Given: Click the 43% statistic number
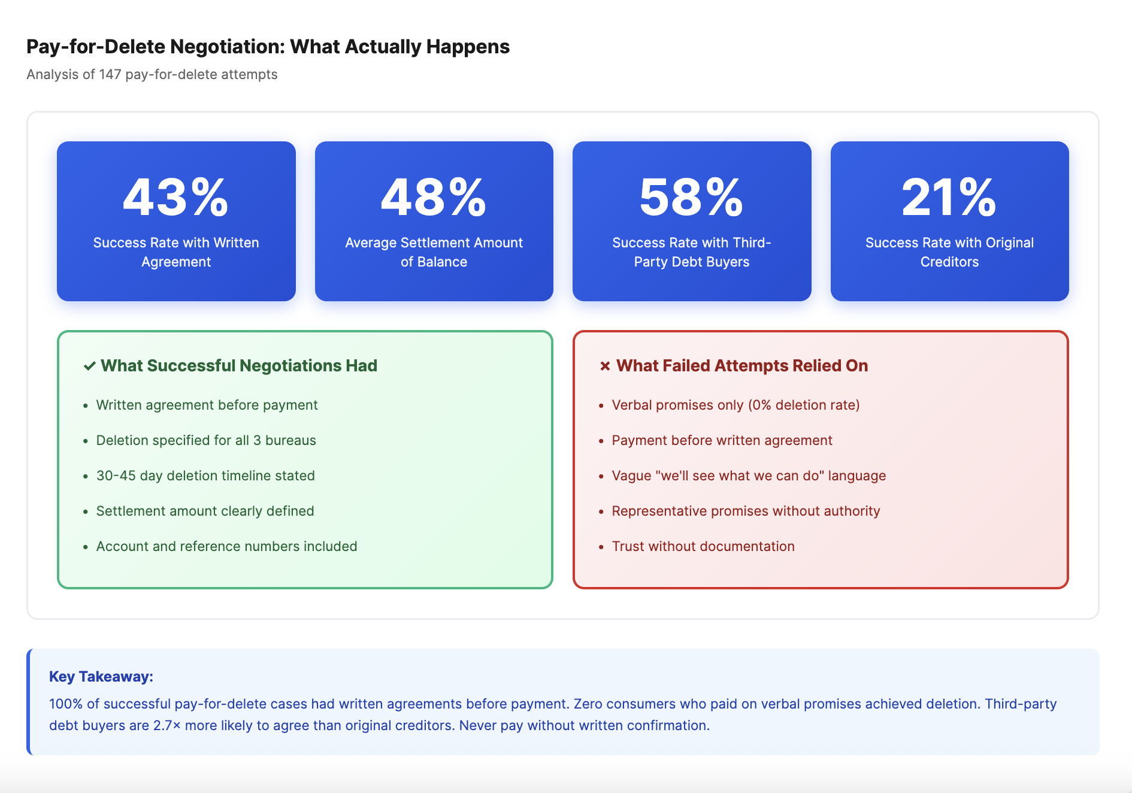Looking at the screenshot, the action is pos(176,197).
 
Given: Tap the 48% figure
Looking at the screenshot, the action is pos(434,197).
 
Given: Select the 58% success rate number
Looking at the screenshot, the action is pos(692,197).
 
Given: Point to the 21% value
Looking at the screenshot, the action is pos(949,197).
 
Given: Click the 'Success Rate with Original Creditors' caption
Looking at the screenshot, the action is pos(949,252).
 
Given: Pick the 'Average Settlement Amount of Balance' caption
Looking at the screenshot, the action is pos(434,252).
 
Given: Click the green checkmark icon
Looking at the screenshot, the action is pos(90,366).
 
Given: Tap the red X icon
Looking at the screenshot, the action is pos(605,366).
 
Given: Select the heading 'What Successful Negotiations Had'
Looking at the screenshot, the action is pos(239,365).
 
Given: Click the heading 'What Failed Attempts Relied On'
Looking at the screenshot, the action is pos(742,365).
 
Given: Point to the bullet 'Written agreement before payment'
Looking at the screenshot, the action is pos(207,405).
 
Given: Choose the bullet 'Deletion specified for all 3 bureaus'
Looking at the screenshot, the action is pos(206,440).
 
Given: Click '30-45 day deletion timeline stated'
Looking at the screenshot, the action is pos(205,476).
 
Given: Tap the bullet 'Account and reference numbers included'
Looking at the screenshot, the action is pos(226,546).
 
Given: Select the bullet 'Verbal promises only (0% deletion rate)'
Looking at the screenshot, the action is pos(736,405).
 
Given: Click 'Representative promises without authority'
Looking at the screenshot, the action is pos(746,511).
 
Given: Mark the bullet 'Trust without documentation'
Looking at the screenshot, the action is pos(703,546).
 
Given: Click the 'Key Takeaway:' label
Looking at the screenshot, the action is pos(101,676).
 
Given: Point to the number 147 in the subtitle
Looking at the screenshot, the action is pos(110,74).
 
